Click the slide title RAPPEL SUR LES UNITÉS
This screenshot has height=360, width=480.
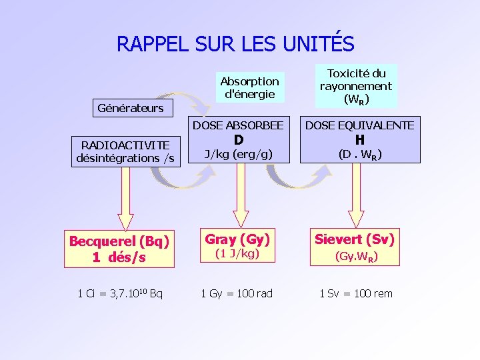pyautogui.click(x=235, y=43)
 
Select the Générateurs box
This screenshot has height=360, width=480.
pyautogui.click(x=131, y=108)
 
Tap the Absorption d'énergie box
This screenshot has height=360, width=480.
pyautogui.click(x=249, y=87)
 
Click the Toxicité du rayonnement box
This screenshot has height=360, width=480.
pyautogui.click(x=355, y=86)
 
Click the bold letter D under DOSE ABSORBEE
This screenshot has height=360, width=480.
pyautogui.click(x=238, y=140)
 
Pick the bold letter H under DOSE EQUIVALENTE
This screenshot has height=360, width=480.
pyautogui.click(x=359, y=140)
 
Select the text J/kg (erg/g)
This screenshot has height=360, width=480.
pyautogui.click(x=238, y=155)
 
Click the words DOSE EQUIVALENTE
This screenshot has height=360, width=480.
pyautogui.click(x=359, y=125)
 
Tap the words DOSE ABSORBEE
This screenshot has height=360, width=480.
pyautogui.click(x=238, y=125)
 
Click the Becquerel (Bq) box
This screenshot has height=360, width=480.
pyautogui.click(x=119, y=249)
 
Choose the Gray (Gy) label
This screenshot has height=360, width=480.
pyautogui.click(x=238, y=239)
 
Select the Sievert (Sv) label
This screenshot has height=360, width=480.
pyautogui.click(x=355, y=239)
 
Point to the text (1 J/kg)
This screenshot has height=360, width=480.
pyautogui.click(x=238, y=254)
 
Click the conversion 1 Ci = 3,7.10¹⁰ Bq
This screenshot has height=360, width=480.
pyautogui.click(x=120, y=293)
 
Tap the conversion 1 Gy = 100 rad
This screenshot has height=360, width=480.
pyautogui.click(x=237, y=293)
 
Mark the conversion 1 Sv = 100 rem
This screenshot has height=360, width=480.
pyautogui.click(x=355, y=293)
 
